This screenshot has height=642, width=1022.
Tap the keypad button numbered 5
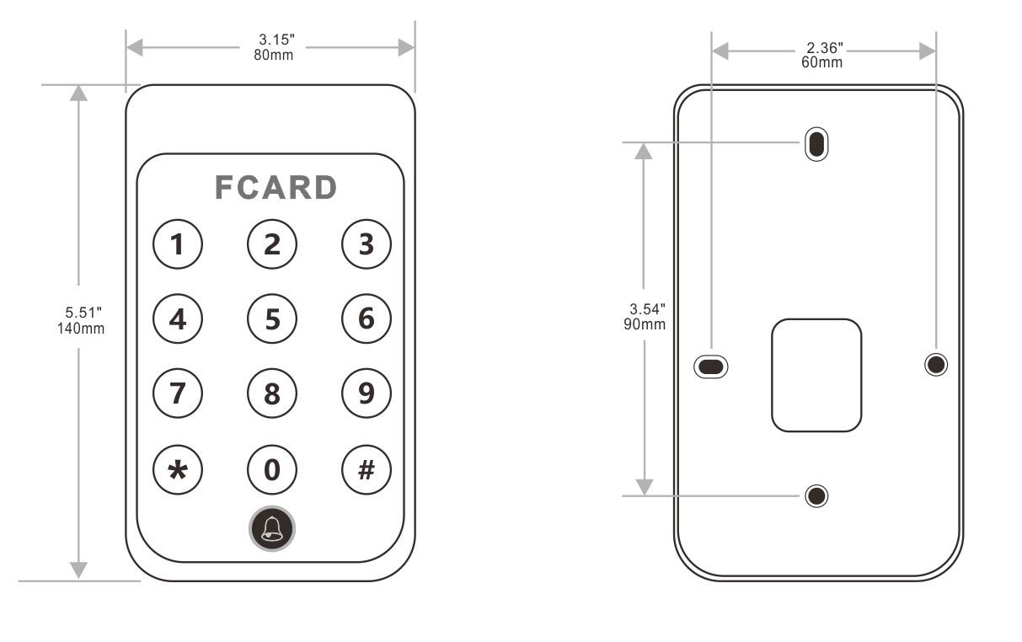[272, 319]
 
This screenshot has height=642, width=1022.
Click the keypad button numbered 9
[367, 393]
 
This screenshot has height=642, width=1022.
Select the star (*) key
[178, 468]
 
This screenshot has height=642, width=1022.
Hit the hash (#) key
[367, 468]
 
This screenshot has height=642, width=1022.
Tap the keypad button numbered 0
[272, 468]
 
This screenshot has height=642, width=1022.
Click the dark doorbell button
[272, 529]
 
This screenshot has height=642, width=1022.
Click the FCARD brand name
[276, 188]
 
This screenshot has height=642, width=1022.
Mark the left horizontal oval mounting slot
[710, 366]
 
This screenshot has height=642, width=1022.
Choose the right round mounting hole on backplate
[935, 365]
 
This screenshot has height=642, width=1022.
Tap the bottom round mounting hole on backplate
[816, 495]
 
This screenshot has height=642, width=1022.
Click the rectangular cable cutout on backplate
[816, 376]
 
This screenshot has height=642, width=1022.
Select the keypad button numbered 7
[178, 393]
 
